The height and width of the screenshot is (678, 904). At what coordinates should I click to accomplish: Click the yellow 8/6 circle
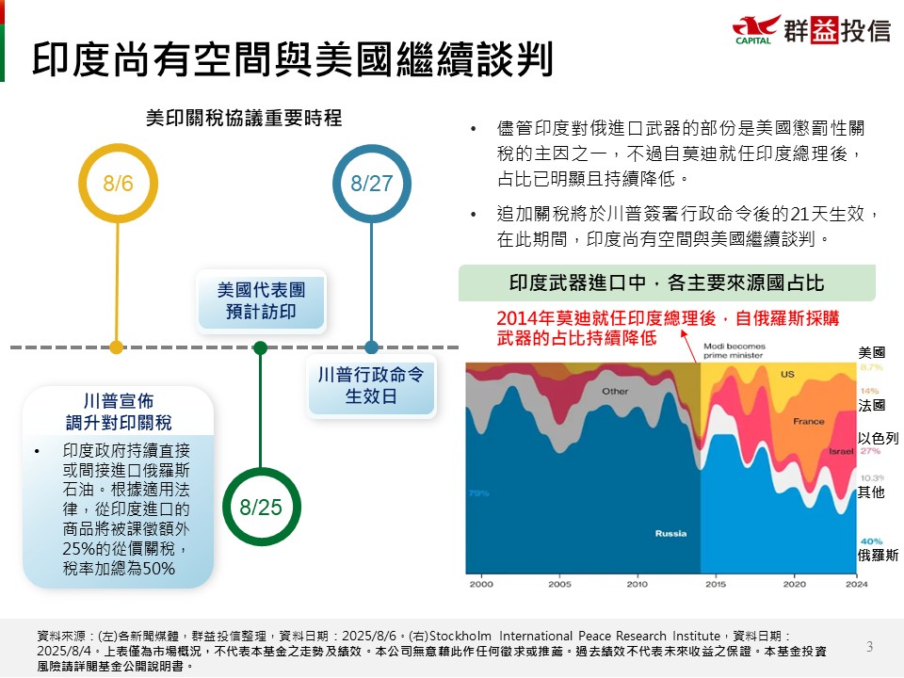click(x=117, y=183)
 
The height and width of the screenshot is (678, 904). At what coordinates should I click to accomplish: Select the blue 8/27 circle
click(x=371, y=183)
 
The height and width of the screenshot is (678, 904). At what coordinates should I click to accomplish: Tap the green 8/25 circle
click(x=261, y=508)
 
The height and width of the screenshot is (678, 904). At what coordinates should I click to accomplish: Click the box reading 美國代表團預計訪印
click(x=261, y=301)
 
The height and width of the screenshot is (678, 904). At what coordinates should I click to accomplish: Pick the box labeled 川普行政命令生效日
click(x=371, y=386)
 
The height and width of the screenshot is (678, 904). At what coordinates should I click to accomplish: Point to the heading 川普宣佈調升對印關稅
click(x=119, y=411)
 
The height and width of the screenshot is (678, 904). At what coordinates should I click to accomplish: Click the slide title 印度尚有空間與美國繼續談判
click(x=292, y=58)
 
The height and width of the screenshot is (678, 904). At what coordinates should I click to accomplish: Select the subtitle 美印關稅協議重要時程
click(x=243, y=118)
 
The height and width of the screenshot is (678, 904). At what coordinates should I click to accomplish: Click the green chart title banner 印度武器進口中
click(x=667, y=282)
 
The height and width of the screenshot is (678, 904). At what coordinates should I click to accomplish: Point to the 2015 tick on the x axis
click(x=715, y=584)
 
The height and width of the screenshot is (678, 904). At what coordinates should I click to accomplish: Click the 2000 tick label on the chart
click(x=481, y=584)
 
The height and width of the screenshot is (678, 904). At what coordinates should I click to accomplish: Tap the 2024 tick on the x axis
click(x=856, y=584)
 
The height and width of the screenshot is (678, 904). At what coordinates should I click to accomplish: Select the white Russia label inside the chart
click(x=670, y=534)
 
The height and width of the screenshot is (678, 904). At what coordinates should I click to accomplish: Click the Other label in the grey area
click(x=615, y=391)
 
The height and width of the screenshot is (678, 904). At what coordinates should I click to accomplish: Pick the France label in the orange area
click(x=809, y=421)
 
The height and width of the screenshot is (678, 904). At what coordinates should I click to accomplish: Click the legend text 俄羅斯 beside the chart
click(x=878, y=555)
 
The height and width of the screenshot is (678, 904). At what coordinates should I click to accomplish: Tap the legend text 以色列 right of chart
click(x=878, y=438)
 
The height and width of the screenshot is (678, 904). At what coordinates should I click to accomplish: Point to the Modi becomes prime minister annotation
click(x=735, y=351)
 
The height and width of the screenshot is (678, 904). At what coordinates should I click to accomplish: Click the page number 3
click(x=869, y=646)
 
